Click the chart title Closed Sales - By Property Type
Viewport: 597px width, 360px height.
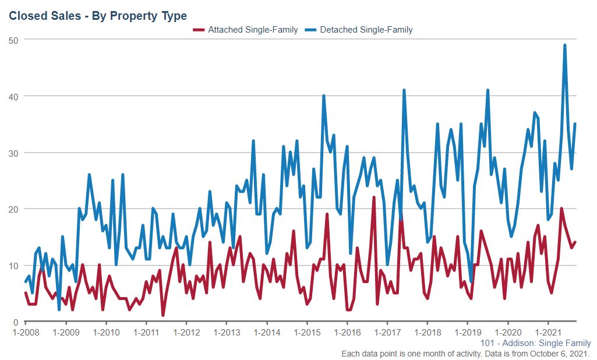98,16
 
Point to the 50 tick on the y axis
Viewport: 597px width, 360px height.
12,40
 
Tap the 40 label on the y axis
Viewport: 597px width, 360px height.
12,96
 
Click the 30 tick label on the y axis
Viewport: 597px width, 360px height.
12,153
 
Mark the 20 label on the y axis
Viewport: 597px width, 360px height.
12,209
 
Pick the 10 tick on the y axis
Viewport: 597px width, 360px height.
12,266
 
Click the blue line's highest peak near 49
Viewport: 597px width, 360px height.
565,45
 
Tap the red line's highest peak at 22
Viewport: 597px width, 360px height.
374,197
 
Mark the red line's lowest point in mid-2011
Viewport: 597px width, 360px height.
163,316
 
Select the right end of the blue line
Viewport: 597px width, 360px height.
575,124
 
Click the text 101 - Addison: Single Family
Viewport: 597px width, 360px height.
536,344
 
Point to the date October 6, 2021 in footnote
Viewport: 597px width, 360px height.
563,354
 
